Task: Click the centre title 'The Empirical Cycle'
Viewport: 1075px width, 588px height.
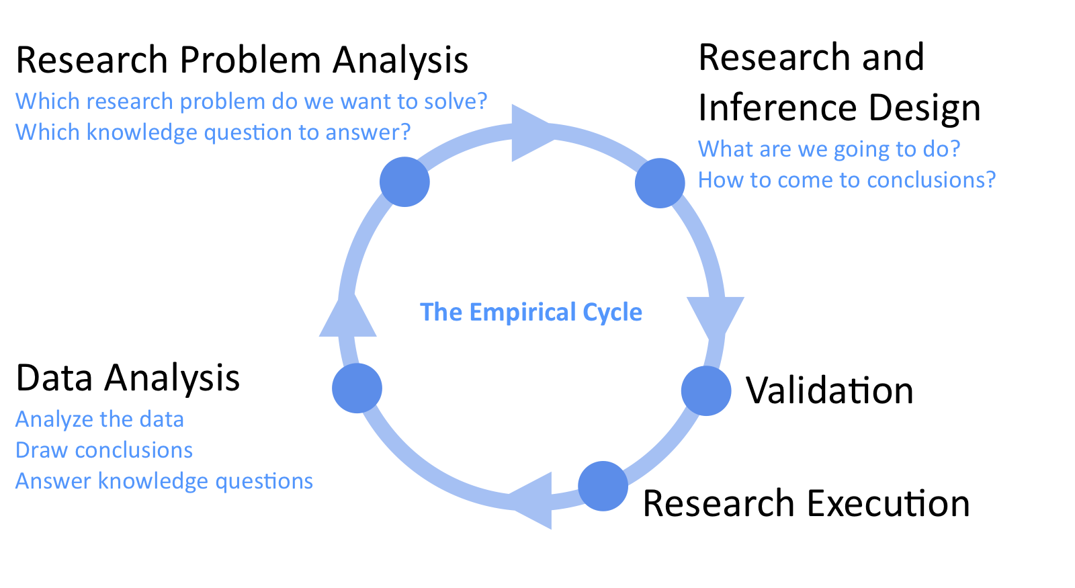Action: point(531,312)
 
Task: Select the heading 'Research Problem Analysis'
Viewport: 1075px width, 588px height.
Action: point(242,60)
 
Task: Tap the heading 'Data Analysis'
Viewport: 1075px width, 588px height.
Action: point(128,379)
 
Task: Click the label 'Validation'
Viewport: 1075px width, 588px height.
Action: point(830,390)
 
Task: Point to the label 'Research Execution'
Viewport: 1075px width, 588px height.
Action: point(806,503)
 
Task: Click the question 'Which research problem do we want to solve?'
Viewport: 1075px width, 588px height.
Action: point(251,101)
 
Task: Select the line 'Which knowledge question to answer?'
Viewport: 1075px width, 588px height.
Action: point(213,132)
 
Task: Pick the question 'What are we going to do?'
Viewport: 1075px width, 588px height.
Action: point(829,149)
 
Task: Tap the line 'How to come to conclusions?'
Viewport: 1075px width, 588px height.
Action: point(847,180)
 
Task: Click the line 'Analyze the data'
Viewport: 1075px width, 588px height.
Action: point(100,419)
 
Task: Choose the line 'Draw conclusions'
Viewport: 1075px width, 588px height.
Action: point(104,450)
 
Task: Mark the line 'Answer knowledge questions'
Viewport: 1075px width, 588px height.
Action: point(164,481)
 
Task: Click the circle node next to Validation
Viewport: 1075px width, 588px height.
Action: point(706,390)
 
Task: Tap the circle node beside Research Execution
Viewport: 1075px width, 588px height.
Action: point(603,487)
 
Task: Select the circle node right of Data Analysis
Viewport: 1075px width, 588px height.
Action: point(357,388)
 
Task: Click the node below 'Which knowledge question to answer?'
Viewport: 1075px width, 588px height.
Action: point(404,182)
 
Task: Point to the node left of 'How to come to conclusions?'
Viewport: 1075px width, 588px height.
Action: point(660,183)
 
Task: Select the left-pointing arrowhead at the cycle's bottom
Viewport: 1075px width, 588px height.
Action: point(531,501)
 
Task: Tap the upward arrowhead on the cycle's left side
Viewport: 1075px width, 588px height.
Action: point(348,315)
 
